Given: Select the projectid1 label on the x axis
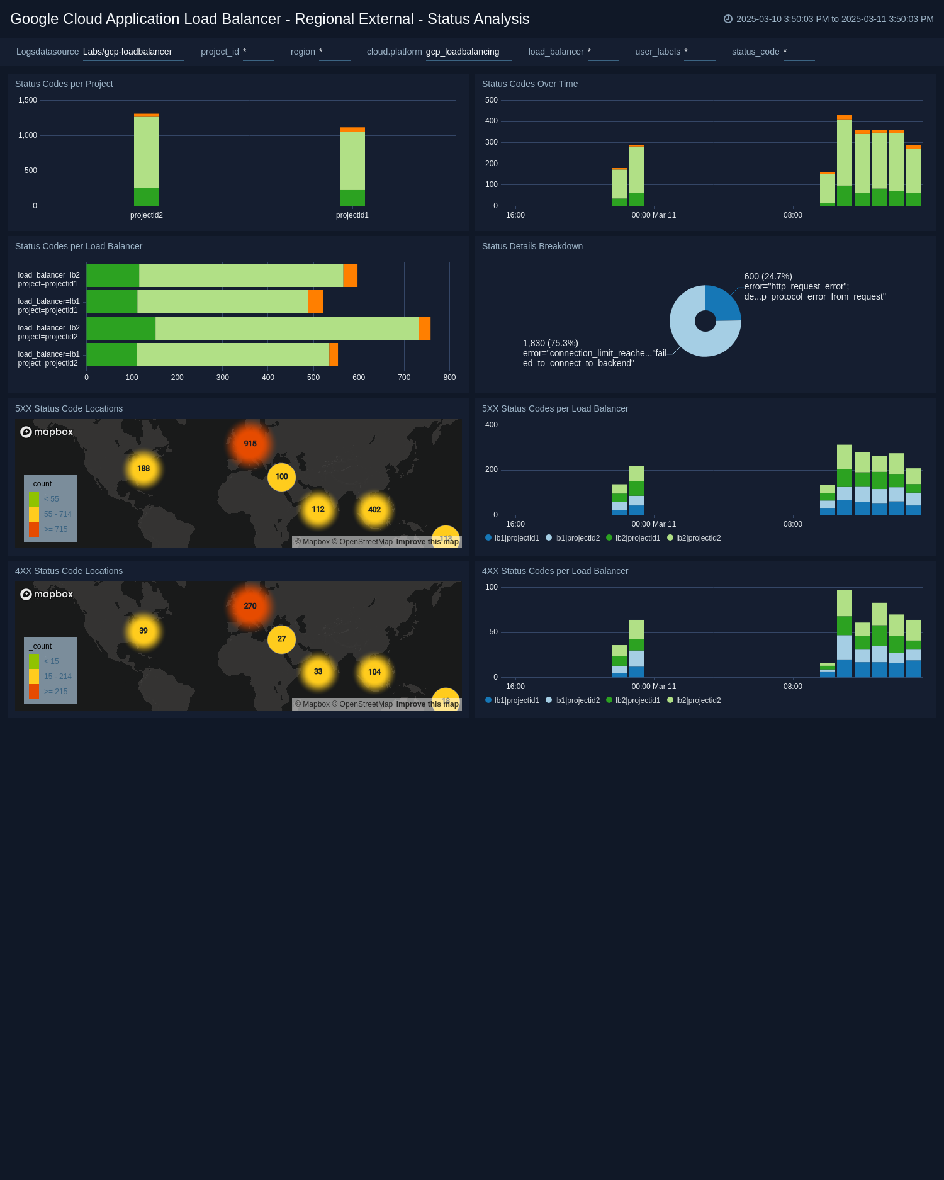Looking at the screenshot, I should click(352, 215).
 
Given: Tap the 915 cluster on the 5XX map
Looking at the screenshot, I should click(250, 444).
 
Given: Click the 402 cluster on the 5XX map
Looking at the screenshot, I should click(374, 510).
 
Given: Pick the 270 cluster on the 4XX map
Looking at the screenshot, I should click(250, 606).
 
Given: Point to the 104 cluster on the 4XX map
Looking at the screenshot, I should click(374, 672).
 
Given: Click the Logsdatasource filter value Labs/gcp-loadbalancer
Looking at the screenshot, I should click(127, 52).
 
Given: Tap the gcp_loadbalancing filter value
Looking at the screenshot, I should click(463, 52).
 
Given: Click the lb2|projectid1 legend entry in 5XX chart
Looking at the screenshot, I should click(633, 538).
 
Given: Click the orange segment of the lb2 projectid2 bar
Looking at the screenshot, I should click(424, 329).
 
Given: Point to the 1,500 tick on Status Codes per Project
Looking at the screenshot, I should click(28, 100).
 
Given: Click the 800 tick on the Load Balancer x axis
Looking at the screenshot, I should click(449, 378).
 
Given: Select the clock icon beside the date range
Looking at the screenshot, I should click(728, 19).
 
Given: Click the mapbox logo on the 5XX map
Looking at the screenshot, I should click(47, 432).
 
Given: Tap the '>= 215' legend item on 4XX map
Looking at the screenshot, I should click(55, 692).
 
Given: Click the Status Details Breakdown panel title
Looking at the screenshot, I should click(532, 246).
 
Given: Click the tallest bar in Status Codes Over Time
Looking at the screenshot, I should click(844, 160).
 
